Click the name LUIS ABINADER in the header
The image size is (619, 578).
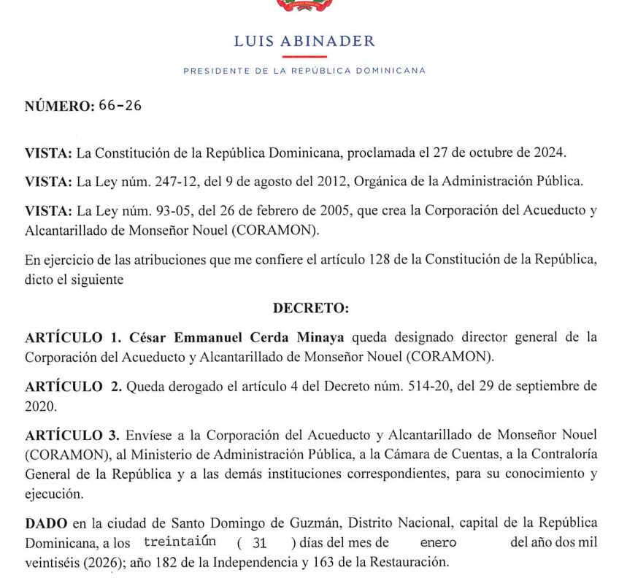(304, 41)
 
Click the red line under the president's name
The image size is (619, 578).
(304, 56)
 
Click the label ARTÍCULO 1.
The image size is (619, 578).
(73, 337)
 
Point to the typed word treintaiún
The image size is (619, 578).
(180, 543)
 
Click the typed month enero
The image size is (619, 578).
(437, 543)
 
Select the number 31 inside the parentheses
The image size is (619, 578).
(259, 543)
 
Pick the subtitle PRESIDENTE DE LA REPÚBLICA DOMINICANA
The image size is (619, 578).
(304, 71)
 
